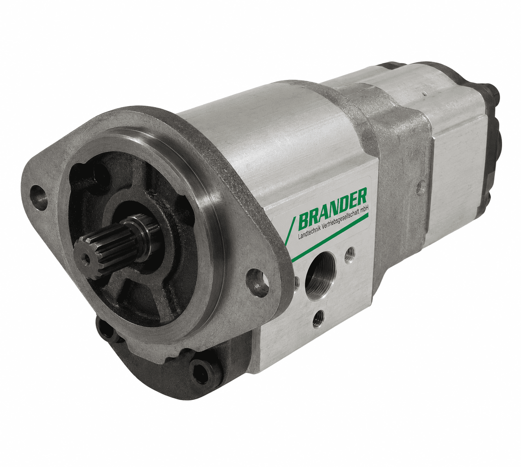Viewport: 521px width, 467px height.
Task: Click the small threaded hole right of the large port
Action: pos(349,254)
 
